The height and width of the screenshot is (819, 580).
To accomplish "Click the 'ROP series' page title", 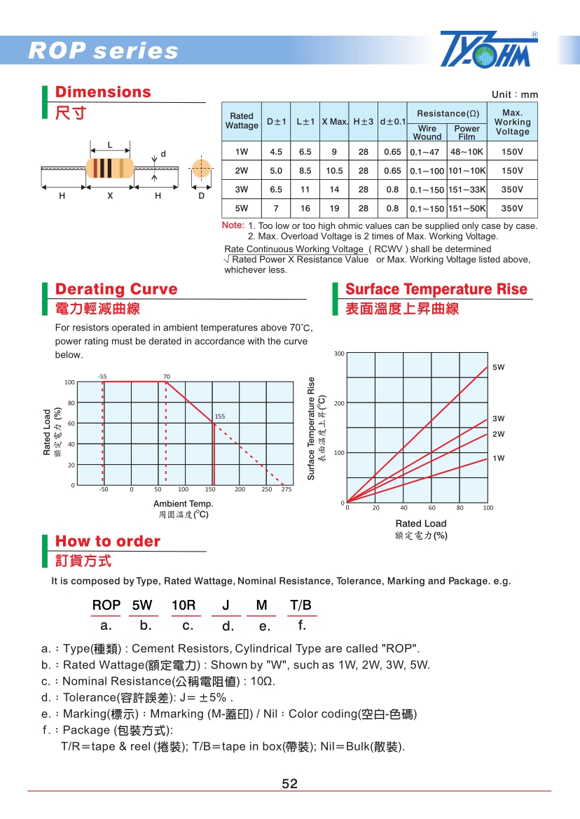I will [103, 51].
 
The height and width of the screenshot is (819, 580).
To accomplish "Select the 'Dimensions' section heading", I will [103, 92].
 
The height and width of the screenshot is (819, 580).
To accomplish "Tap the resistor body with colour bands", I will [109, 169].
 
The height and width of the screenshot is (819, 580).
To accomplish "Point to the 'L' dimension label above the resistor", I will [110, 145].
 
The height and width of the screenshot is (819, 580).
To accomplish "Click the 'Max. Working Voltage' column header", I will [512, 122].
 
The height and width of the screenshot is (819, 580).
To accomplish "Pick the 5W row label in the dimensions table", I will [242, 208].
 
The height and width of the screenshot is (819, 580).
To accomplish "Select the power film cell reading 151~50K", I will [467, 208].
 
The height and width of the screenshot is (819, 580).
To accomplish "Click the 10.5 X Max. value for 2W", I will [334, 171].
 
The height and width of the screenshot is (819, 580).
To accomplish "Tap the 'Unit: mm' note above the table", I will [515, 94].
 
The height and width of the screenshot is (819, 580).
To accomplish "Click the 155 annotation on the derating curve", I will [220, 416].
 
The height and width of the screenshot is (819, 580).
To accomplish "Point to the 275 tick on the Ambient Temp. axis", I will [286, 490].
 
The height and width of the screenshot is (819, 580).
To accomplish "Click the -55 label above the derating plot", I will [103, 377].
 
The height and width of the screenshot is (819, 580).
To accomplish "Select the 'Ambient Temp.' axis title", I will [184, 504].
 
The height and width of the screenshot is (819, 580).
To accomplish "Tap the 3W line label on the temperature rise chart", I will [498, 419].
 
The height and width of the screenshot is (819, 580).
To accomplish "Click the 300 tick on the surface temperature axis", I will [339, 354].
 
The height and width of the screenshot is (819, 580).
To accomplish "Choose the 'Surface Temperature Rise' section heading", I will [436, 289].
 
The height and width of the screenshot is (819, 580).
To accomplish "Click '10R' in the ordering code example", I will [184, 605].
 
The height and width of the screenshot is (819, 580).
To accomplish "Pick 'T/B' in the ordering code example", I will [301, 605].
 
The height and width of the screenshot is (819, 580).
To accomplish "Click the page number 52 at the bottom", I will [289, 784].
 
